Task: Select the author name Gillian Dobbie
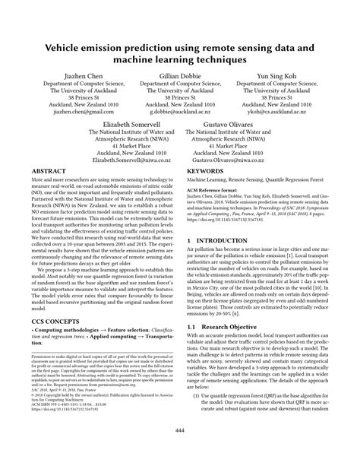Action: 179,77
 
